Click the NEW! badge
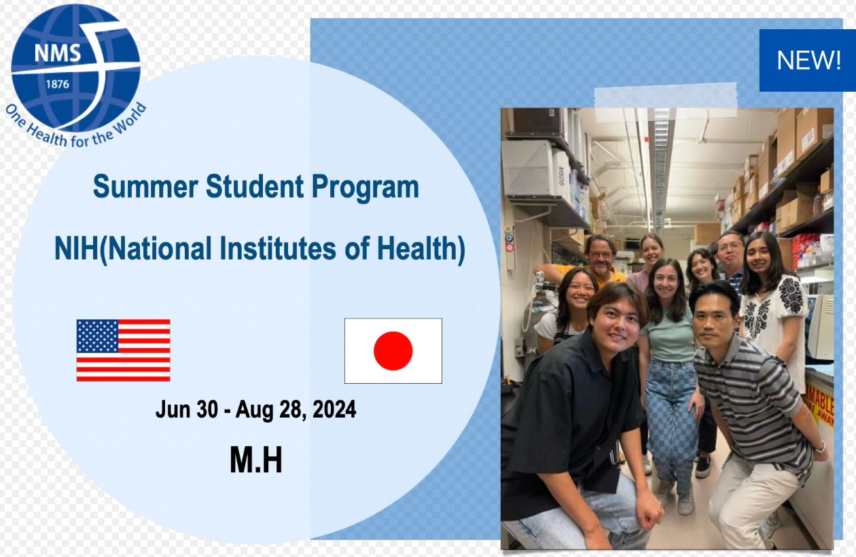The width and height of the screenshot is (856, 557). pos(808,60)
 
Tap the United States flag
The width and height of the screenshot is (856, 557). pos(124,351)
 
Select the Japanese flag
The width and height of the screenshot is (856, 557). pos(393,351)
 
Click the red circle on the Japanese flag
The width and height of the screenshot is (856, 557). pos(393,351)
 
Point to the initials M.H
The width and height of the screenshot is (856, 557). pos(256,460)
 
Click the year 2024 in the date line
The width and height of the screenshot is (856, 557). pos(334,409)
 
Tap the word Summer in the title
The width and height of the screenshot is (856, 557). pos(145,186)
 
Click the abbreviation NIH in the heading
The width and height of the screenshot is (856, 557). pos(76,249)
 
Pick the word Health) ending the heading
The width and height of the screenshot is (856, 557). pos(421,249)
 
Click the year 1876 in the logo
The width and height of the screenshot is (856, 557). pos(58,84)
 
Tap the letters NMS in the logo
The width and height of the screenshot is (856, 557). pos(58,53)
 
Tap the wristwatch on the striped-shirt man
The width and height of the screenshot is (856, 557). pos(819,447)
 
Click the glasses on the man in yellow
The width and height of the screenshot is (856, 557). pos(601,254)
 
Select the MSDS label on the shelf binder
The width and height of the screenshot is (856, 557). pos(561,176)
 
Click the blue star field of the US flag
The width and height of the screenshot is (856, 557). pos(97,336)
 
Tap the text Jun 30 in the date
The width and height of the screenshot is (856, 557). pos(186,409)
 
